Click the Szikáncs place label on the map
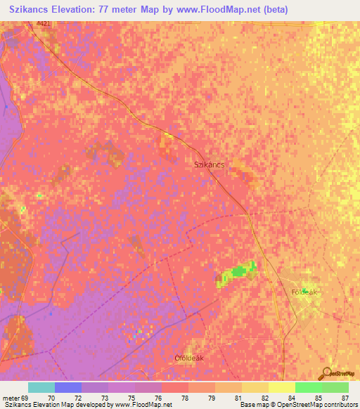point(209,164)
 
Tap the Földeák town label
point(305,292)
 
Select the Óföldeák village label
point(188,358)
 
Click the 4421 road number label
point(44,24)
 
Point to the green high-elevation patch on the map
point(240,271)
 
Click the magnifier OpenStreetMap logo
point(326,373)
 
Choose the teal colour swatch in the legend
point(41,387)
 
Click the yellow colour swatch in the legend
point(281,387)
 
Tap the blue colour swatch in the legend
point(68,387)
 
